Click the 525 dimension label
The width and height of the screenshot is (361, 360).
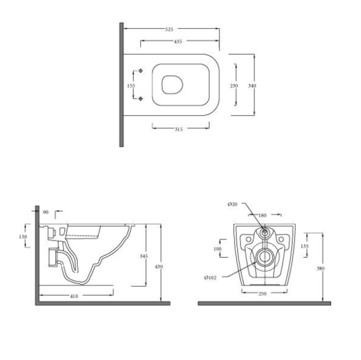tap(169, 29)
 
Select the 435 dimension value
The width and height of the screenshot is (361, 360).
tap(178, 42)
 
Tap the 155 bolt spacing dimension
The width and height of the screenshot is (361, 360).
tap(131, 86)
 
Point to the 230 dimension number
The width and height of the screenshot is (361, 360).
tap(234, 86)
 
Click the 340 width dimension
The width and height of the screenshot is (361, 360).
tap(252, 86)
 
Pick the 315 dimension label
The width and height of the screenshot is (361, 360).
tap(178, 129)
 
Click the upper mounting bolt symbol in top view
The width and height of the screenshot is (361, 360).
tap(140, 71)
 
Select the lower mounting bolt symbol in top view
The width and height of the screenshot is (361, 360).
tap(140, 99)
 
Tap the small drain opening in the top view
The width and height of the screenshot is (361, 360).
tap(172, 84)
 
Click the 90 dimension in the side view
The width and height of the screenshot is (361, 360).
tap(46, 212)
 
